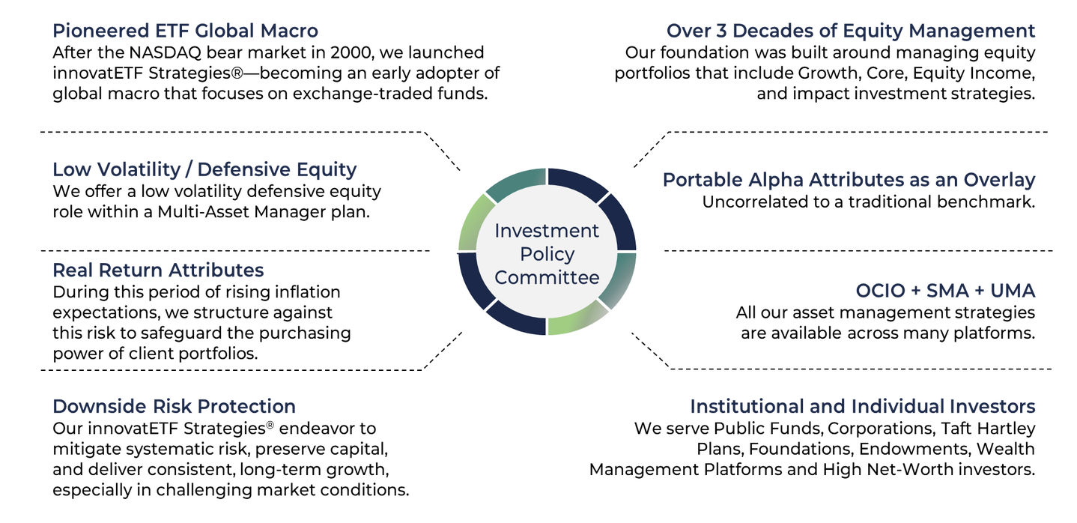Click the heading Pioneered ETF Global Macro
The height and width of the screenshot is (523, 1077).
[x=185, y=31]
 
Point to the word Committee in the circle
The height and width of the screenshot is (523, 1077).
[x=547, y=278]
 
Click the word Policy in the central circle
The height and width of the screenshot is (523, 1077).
[x=547, y=255]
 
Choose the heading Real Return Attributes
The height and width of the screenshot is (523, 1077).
[x=158, y=270]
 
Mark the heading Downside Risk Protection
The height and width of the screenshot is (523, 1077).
[x=174, y=407]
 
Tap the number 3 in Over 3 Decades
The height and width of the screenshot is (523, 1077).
[x=721, y=31]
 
